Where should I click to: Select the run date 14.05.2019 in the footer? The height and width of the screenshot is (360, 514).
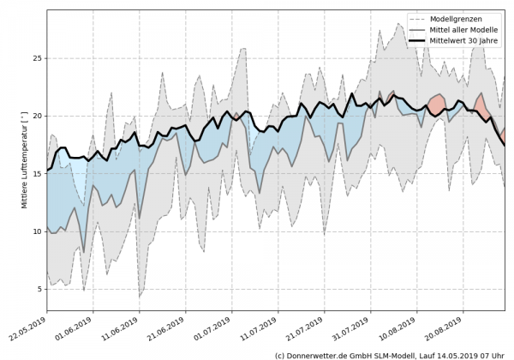[466, 354]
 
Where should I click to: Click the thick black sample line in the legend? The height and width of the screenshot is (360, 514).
[421, 39]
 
